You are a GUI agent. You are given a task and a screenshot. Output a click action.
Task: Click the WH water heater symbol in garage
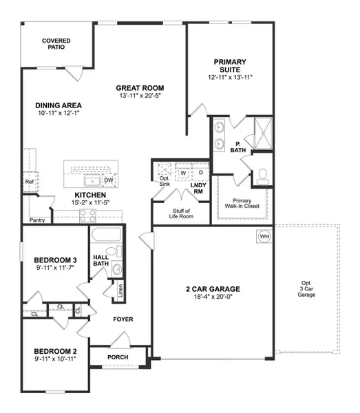[x=264, y=236]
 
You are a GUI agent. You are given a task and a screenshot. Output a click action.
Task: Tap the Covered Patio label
[x=56, y=45]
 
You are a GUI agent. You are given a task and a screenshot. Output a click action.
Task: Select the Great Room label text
[x=140, y=88]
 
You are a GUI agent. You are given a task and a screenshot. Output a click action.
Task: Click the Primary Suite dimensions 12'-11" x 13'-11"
[x=230, y=78]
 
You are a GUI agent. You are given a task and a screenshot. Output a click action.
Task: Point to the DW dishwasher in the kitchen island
[x=108, y=180]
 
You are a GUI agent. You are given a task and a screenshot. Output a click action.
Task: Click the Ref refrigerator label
[x=29, y=182]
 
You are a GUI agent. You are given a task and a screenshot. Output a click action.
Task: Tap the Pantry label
[x=37, y=220]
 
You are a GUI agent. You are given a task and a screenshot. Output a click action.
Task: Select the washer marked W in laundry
[x=184, y=173]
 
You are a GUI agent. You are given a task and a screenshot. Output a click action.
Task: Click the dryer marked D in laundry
[x=200, y=173]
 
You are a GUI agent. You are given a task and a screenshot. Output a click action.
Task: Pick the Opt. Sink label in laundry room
[x=164, y=181]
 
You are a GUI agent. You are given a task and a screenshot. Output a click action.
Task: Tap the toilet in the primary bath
[x=262, y=177]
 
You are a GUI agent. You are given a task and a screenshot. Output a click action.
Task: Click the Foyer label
[x=123, y=319]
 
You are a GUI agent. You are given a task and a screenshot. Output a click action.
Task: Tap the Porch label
[x=118, y=357]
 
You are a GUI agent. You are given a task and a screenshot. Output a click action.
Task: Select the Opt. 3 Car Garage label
[x=306, y=289]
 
